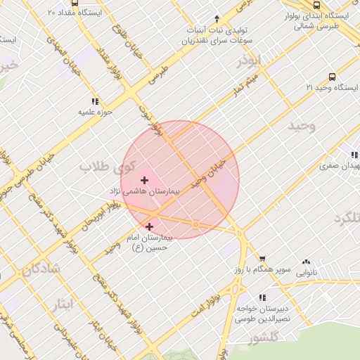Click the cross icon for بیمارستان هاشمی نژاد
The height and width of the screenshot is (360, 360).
(x=145, y=181)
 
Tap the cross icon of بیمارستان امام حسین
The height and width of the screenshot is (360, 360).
(x=149, y=226)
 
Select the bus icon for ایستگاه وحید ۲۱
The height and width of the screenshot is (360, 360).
(x=332, y=77)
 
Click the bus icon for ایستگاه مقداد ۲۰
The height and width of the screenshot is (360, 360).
(x=75, y=4)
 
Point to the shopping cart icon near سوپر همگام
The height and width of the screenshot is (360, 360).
(x=262, y=259)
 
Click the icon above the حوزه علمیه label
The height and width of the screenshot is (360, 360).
(x=95, y=101)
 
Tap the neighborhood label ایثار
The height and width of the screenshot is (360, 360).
(x=63, y=304)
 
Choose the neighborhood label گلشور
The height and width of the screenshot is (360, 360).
(x=264, y=340)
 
